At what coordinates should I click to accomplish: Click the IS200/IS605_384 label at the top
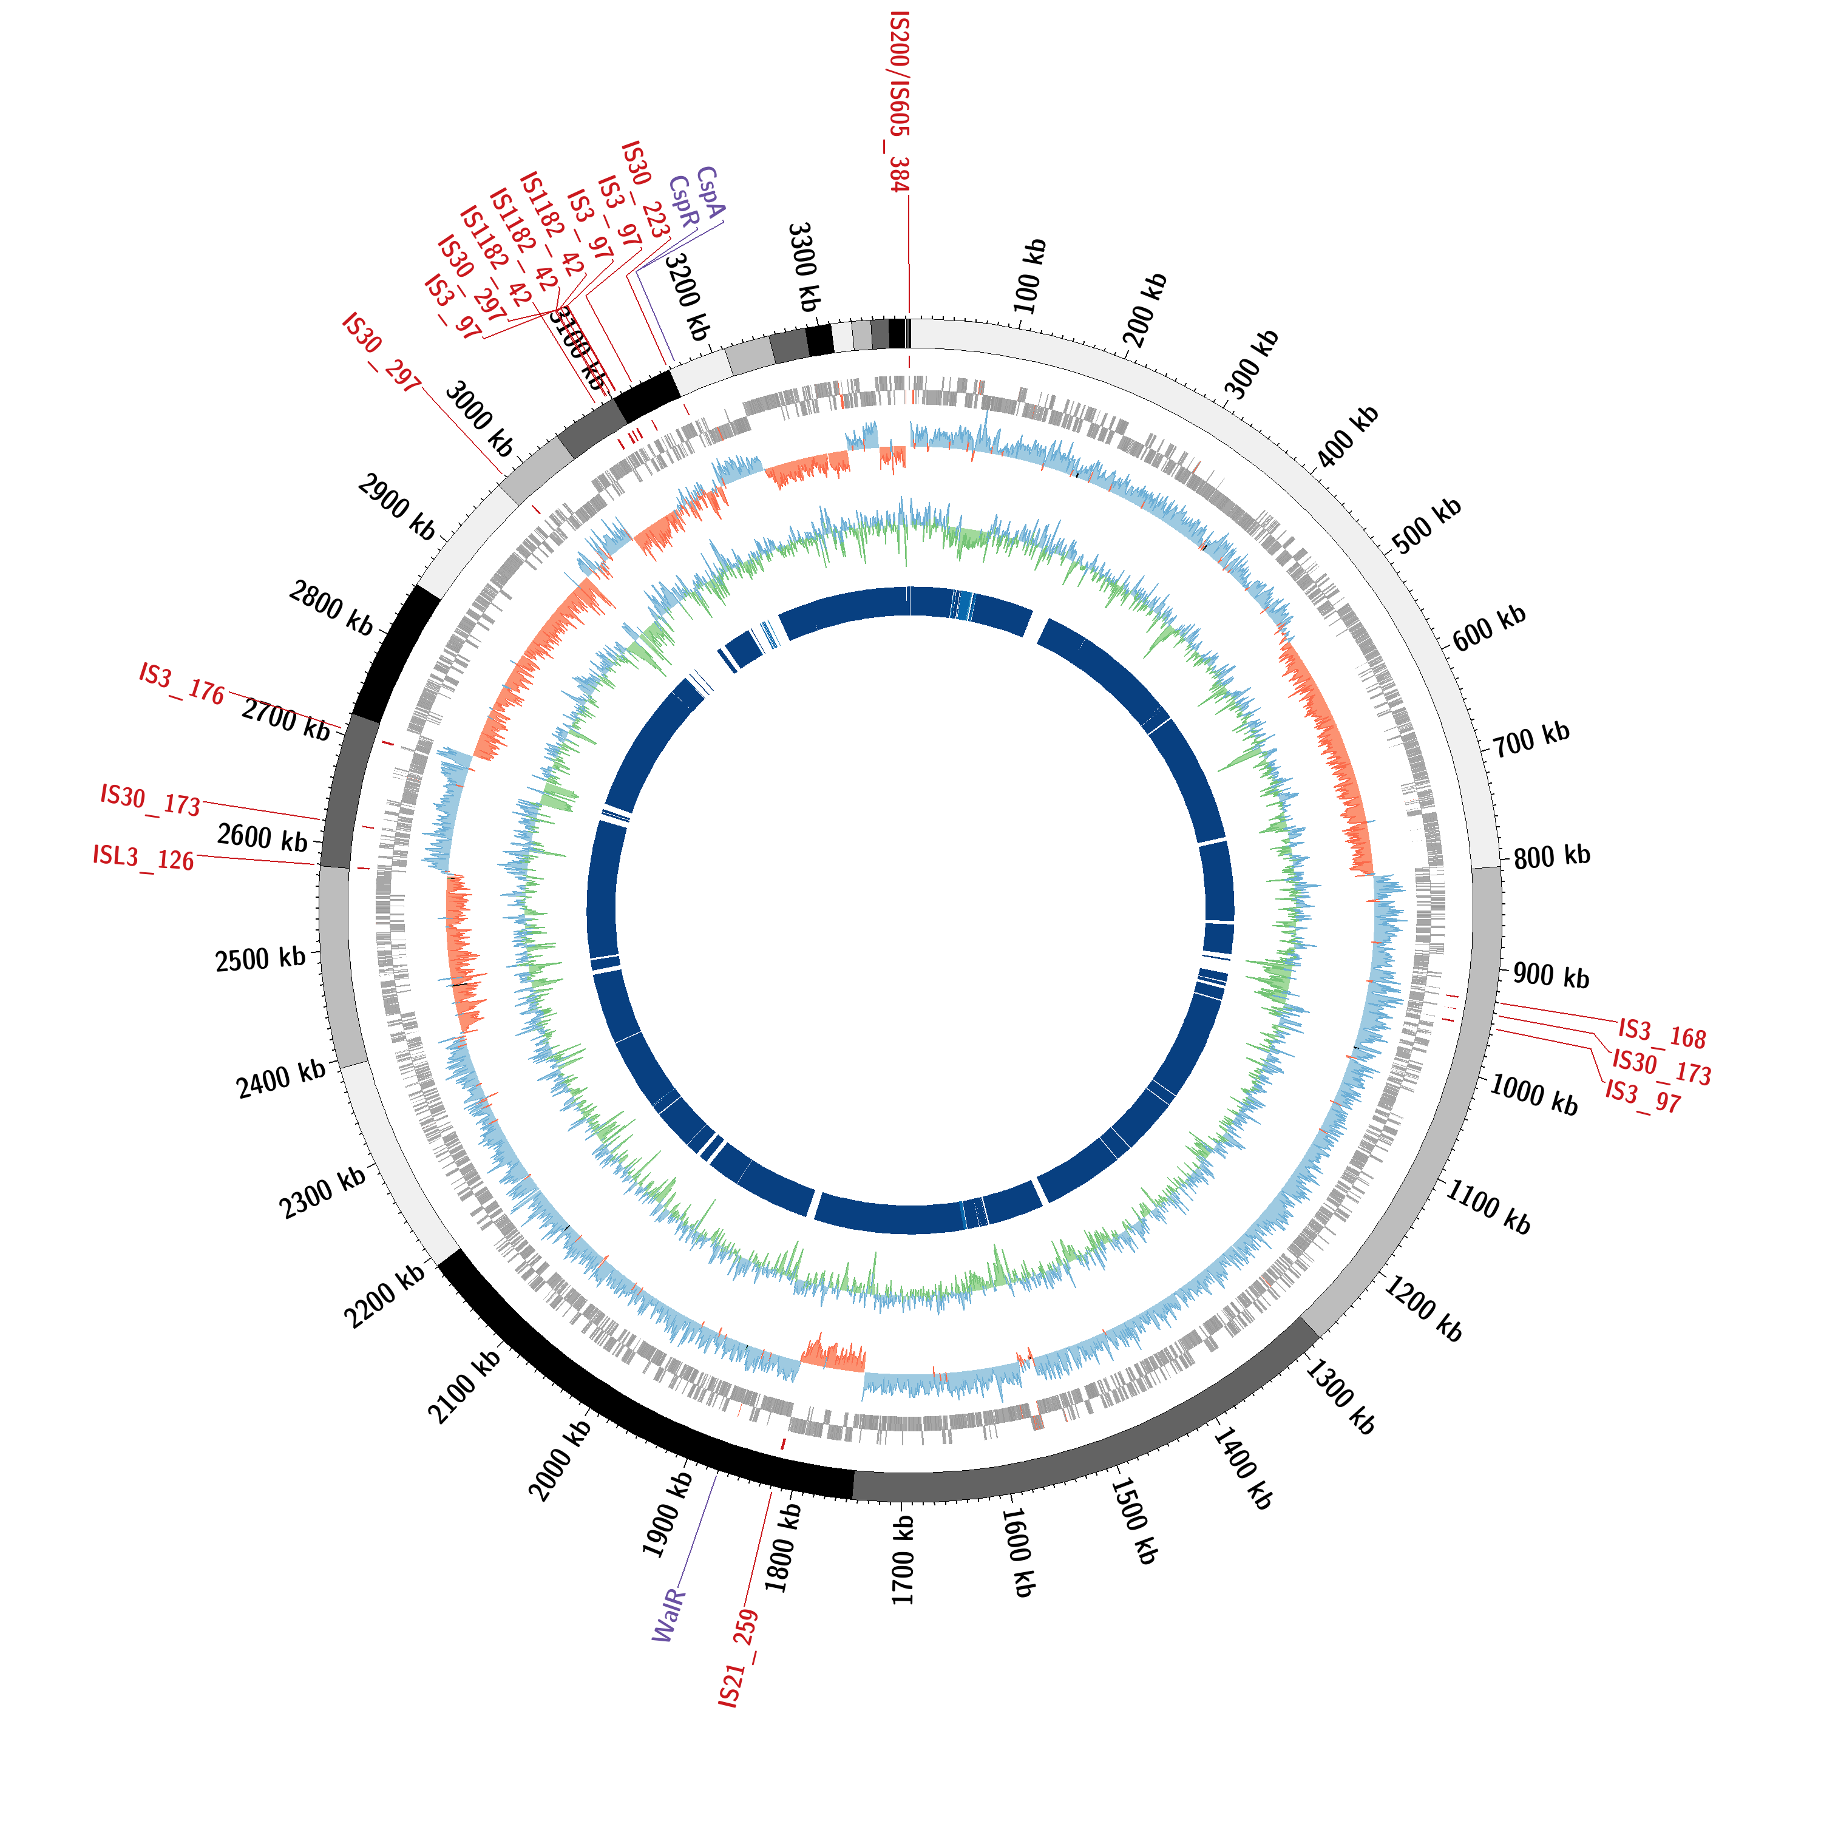click(x=900, y=102)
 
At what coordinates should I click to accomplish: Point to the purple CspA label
click(x=710, y=193)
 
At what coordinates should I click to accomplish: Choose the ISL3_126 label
click(x=143, y=858)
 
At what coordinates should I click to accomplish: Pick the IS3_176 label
click(x=182, y=683)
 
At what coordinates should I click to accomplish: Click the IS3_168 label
click(x=1662, y=1034)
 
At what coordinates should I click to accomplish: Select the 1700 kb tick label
click(x=903, y=1561)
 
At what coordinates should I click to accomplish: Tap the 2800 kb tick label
click(x=332, y=608)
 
